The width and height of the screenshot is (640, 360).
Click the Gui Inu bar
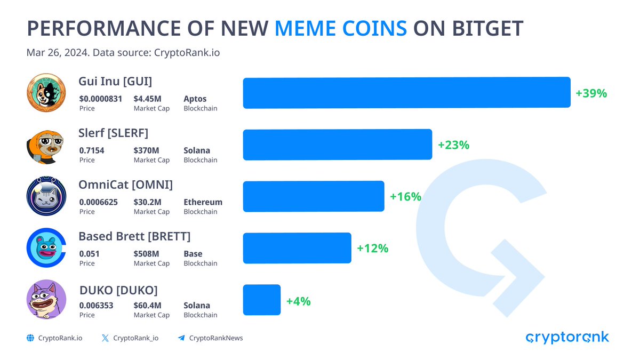point(406,93)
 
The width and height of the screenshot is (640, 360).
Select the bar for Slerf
point(337,145)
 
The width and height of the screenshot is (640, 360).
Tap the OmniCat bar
point(314,196)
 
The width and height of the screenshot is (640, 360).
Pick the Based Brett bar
point(297,248)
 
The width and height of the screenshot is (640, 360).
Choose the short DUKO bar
point(261,300)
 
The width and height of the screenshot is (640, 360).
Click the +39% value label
point(591,93)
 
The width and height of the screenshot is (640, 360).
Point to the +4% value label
point(298,301)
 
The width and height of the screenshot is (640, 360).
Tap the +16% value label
point(405,197)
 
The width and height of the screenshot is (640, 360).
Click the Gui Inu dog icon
point(46,93)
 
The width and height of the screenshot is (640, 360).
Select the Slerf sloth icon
point(46,145)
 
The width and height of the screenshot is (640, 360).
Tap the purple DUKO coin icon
point(46,300)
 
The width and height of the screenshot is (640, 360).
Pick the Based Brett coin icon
point(46,248)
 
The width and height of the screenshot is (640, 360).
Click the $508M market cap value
point(146,254)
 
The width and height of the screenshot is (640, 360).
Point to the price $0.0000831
point(101,99)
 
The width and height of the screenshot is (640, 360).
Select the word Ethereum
point(203,202)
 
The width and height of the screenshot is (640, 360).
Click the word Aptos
point(195,99)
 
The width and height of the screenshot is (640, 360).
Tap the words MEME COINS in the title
point(341,28)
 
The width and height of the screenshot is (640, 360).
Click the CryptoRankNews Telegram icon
point(181,338)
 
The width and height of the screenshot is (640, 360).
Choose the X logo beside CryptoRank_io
point(105,338)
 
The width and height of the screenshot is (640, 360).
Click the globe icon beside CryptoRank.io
point(30,338)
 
